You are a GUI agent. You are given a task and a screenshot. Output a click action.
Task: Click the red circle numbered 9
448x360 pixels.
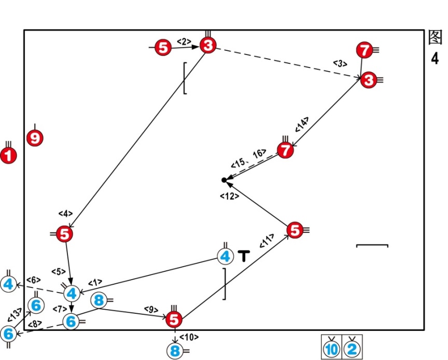[x=35, y=139]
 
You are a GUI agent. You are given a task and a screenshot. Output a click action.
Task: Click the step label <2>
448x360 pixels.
[x=184, y=40]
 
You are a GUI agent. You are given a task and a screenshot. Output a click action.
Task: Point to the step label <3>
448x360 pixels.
[x=340, y=63]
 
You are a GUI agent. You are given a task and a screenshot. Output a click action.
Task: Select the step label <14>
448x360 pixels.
[x=302, y=123]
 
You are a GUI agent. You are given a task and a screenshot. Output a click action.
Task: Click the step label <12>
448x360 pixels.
[x=228, y=196]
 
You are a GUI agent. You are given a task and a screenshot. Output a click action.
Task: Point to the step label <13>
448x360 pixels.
[x=15, y=314]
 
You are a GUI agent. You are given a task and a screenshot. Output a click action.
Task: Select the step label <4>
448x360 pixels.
[x=66, y=213]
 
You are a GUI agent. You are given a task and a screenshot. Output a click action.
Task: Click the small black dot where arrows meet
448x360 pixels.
[x=224, y=180]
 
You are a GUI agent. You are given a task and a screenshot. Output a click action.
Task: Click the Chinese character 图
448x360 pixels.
[x=435, y=38]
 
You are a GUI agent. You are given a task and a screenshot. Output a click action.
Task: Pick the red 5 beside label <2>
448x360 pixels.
[x=163, y=48]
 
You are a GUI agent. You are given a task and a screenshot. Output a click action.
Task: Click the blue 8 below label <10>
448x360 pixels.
[x=175, y=351]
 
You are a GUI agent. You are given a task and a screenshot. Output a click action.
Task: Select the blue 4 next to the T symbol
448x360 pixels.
[x=225, y=256]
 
